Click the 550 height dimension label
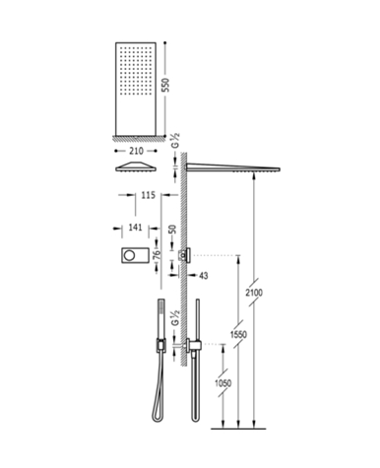click(166, 85)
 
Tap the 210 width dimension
click(136, 151)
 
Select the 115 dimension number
click(148, 195)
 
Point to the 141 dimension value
click(135, 228)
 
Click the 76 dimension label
click(157, 255)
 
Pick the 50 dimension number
click(172, 230)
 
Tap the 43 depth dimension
click(204, 276)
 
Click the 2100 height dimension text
click(254, 292)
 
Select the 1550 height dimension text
click(238, 335)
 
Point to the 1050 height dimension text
click(223, 383)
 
